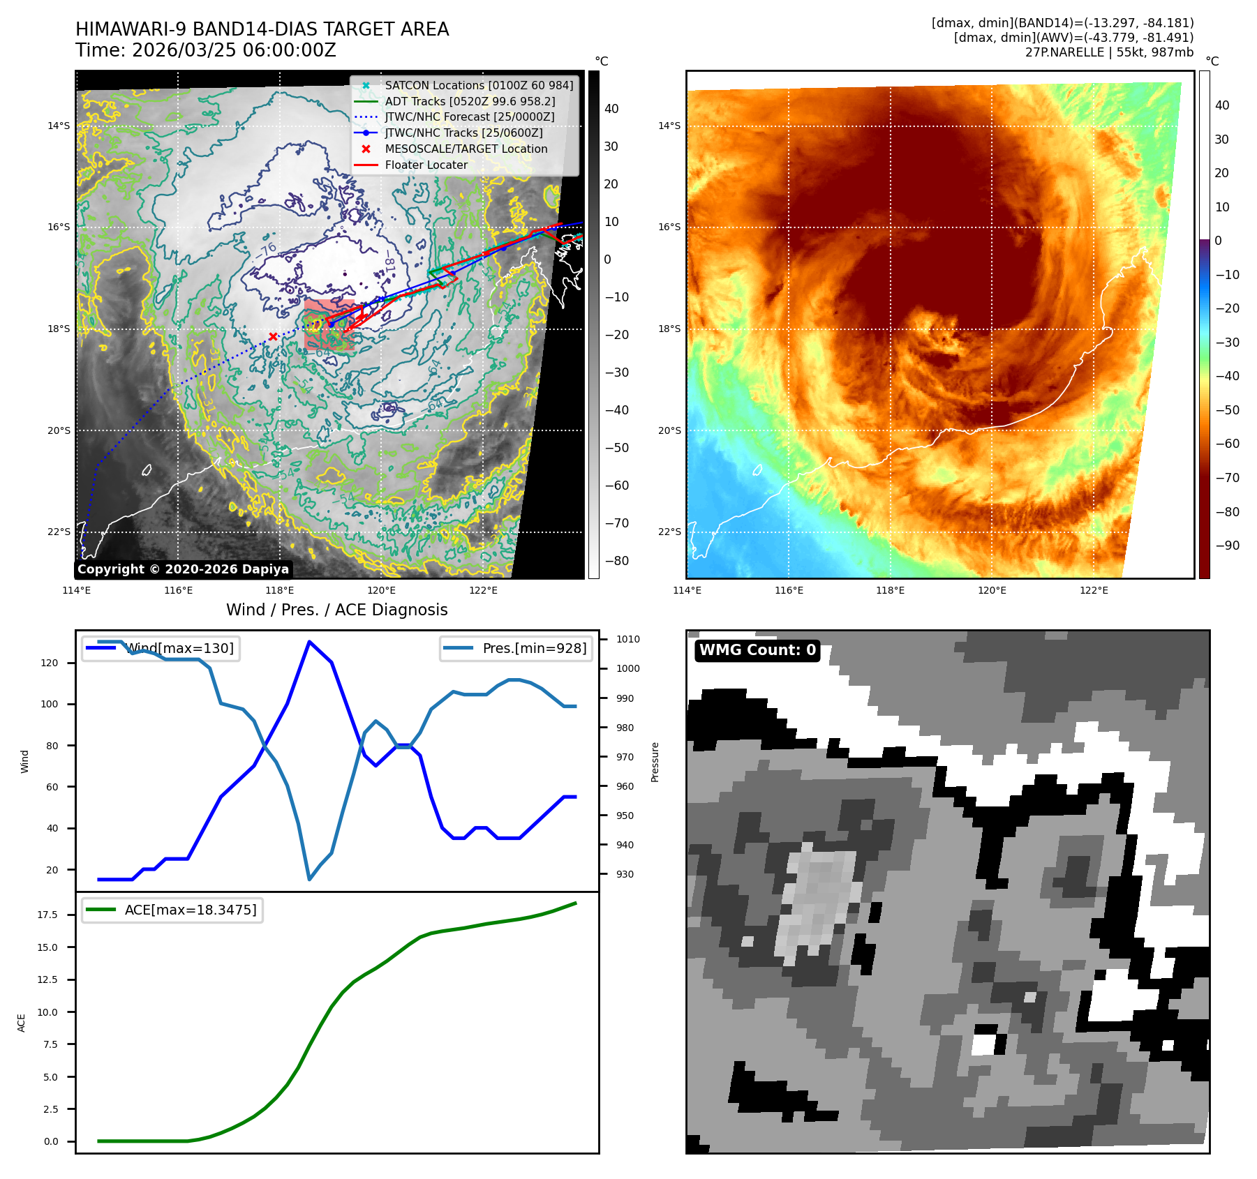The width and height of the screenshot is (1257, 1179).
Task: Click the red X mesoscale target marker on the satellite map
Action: click(273, 336)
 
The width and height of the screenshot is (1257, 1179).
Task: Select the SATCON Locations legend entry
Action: click(479, 85)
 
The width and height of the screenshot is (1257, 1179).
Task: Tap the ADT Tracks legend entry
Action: click(470, 101)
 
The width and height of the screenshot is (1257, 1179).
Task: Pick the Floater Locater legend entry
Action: click(426, 165)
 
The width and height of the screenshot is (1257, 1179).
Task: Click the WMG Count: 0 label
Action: click(757, 650)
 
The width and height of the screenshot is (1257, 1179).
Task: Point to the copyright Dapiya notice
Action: click(183, 569)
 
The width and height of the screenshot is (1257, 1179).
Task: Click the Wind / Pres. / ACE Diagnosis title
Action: click(336, 610)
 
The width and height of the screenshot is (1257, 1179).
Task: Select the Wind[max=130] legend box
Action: click(161, 648)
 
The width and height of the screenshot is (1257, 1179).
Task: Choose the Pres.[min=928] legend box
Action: click(516, 648)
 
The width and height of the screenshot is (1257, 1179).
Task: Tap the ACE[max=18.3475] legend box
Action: click(172, 910)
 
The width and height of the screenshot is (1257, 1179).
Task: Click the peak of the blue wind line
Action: click(309, 642)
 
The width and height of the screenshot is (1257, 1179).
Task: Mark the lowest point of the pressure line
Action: click(309, 879)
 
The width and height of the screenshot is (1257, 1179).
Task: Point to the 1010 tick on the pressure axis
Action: click(627, 639)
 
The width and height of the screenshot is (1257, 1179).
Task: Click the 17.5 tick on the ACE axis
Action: click(48, 915)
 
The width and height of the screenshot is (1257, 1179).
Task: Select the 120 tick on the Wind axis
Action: click(50, 663)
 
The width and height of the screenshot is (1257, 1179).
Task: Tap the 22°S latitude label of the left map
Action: click(59, 532)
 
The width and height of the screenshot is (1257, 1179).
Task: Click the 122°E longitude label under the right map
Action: click(1094, 590)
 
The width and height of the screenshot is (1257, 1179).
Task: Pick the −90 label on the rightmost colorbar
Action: click(1227, 546)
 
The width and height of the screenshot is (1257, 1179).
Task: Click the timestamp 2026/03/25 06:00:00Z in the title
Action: click(234, 50)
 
